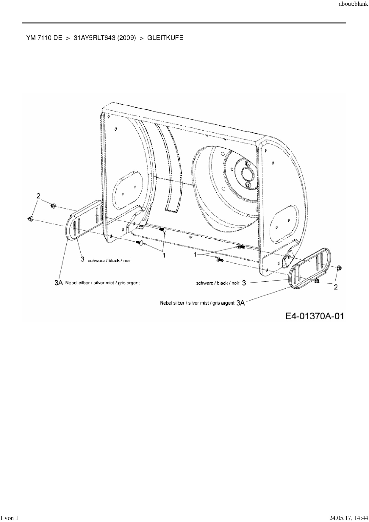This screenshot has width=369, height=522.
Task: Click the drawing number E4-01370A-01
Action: point(315,316)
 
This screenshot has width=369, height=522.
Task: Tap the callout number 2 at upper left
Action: point(38,196)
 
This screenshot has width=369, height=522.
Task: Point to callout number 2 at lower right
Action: point(335,287)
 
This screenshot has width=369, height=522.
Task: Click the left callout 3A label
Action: point(58,283)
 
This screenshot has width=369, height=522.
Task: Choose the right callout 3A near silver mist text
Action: point(241,303)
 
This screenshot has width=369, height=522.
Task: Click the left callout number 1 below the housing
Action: point(163,255)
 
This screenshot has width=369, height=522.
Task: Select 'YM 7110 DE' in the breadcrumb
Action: point(44,38)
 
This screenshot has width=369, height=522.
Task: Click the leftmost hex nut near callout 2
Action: point(31,219)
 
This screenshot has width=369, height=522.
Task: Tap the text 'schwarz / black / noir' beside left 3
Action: point(109,260)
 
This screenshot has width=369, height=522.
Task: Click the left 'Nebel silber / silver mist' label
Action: point(102,282)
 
